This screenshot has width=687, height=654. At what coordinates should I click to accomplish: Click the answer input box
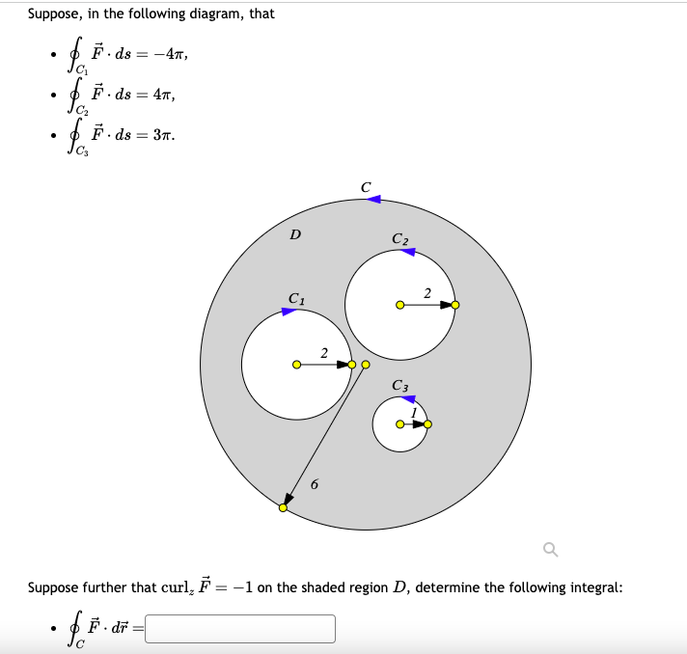[240, 628]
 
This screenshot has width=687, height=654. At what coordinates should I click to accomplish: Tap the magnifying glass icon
[550, 550]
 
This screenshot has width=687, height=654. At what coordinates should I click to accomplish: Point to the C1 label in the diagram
[297, 297]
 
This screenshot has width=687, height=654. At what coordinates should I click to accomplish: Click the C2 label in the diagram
[400, 238]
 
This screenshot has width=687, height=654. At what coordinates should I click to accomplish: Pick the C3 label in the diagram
[400, 386]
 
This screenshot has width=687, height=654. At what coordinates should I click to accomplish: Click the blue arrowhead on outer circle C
[374, 200]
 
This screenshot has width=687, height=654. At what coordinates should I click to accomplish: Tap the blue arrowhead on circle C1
[289, 311]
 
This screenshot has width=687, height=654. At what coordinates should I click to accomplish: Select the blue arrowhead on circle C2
[408, 252]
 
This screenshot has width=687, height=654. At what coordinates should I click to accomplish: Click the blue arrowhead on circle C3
[408, 398]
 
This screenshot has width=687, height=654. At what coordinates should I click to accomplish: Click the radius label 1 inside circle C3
[413, 413]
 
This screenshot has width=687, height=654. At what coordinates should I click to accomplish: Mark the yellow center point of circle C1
[296, 365]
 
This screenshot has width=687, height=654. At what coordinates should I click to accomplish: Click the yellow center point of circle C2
[399, 305]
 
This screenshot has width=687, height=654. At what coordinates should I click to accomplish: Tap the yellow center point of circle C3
[399, 425]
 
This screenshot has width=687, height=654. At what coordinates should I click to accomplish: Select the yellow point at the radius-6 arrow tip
[283, 507]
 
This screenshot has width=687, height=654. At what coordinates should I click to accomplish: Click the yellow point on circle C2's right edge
[456, 305]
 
